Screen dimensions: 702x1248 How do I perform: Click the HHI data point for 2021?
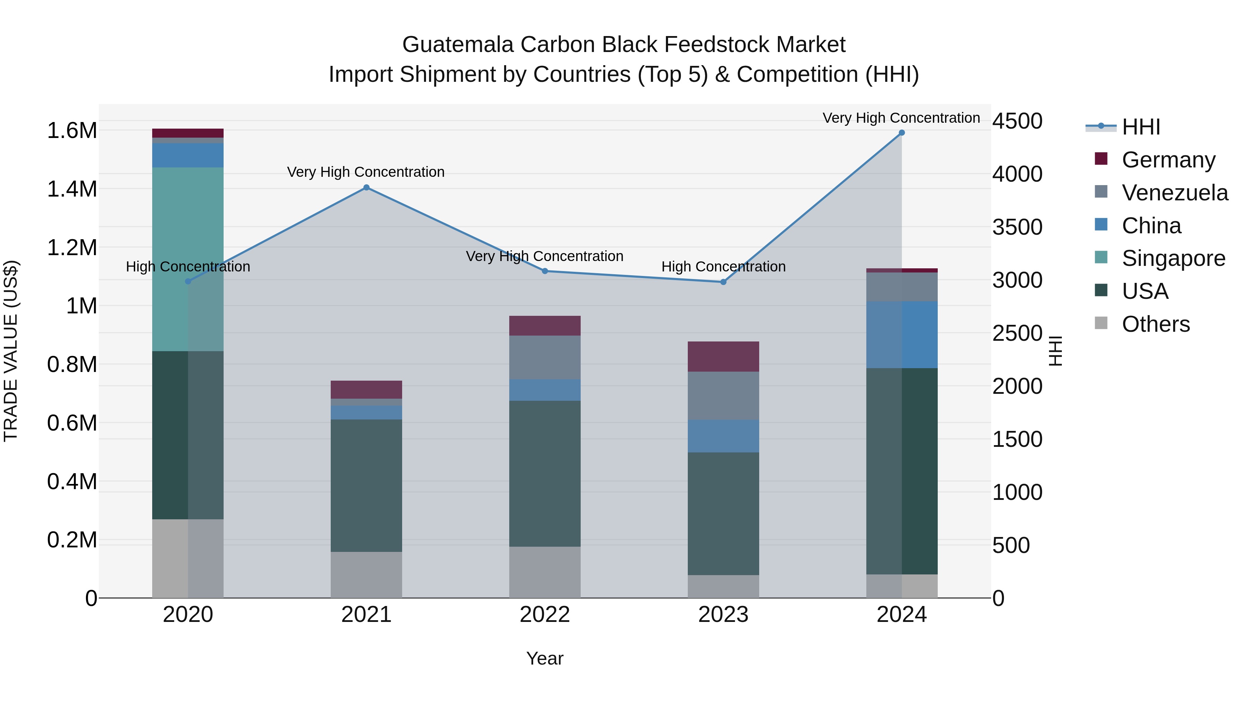pyautogui.click(x=366, y=188)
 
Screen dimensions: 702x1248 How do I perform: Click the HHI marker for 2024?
pyautogui.click(x=902, y=133)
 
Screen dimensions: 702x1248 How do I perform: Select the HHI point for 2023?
pyautogui.click(x=723, y=282)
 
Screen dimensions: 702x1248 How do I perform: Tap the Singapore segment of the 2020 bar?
pyautogui.click(x=188, y=259)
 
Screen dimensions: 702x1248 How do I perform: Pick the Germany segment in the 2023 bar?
pyautogui.click(x=723, y=357)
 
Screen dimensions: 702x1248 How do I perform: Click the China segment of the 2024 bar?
pyautogui.click(x=902, y=335)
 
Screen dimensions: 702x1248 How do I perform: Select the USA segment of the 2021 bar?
pyautogui.click(x=366, y=485)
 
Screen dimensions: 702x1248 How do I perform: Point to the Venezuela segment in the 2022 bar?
pyautogui.click(x=545, y=357)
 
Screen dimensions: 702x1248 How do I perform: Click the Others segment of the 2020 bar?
pyautogui.click(x=188, y=558)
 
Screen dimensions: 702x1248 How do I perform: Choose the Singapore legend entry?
pyautogui.click(x=1173, y=258)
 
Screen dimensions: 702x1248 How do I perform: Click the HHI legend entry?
pyautogui.click(x=1141, y=127)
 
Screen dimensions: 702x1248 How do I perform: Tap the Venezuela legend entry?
pyautogui.click(x=1175, y=193)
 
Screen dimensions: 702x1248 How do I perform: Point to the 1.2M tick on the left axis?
pyautogui.click(x=72, y=248)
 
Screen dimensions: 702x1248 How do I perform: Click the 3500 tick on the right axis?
pyautogui.click(x=1017, y=227)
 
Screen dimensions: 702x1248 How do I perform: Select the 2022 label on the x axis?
pyautogui.click(x=545, y=615)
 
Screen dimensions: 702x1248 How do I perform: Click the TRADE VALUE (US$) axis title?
pyautogui.click(x=11, y=351)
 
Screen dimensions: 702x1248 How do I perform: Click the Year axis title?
pyautogui.click(x=545, y=658)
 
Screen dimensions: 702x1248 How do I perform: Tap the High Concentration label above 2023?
pyautogui.click(x=723, y=267)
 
